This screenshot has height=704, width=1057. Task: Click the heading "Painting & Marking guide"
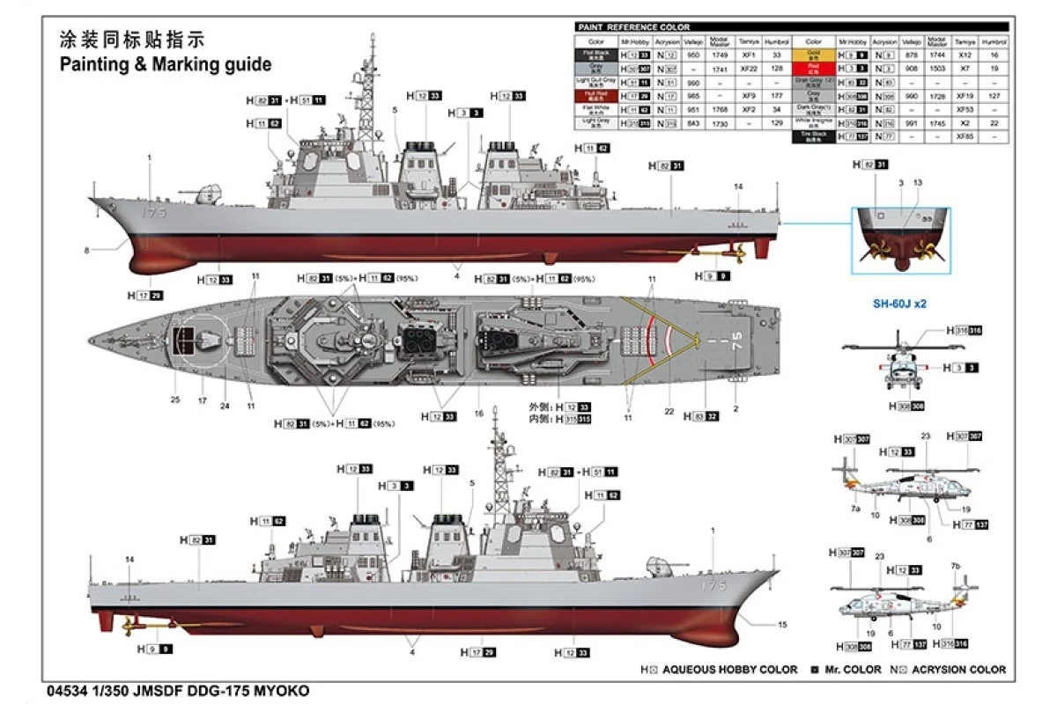tap(166, 64)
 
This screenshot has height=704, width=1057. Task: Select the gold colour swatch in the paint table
tap(813, 55)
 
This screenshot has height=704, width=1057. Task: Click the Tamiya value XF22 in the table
tap(749, 69)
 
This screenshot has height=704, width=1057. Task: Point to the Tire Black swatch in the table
tap(813, 136)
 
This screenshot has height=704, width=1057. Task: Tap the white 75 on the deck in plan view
tap(736, 336)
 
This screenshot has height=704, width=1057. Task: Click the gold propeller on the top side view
tap(735, 253)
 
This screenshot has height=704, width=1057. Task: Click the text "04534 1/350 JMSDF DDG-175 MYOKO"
tap(175, 691)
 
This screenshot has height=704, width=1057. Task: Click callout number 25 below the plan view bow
tap(175, 400)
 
